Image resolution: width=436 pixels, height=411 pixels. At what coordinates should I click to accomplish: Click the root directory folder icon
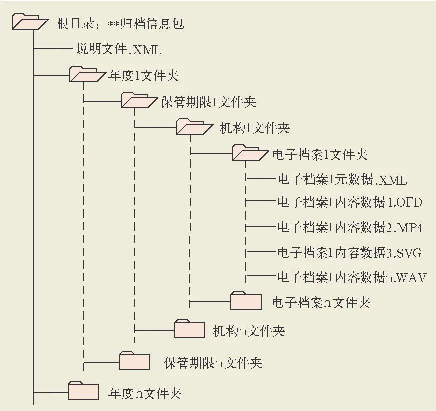click(29, 22)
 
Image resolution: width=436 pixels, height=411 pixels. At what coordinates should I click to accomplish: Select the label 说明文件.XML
click(119, 49)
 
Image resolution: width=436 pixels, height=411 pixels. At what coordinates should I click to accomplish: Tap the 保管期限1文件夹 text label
click(209, 102)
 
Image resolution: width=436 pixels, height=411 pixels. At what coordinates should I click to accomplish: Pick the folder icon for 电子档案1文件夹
click(250, 153)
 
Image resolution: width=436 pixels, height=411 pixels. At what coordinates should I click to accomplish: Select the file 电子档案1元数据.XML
click(342, 179)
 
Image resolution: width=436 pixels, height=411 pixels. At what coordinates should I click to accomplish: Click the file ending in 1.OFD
click(350, 202)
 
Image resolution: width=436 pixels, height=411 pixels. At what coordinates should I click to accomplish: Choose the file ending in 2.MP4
click(350, 227)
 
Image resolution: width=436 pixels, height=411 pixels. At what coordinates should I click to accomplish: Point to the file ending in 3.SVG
click(349, 253)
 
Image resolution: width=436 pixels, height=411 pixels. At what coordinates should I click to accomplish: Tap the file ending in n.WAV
click(351, 277)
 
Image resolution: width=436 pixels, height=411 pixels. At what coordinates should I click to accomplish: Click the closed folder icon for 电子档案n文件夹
click(246, 301)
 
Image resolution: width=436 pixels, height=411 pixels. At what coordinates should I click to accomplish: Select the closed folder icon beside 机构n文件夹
click(190, 329)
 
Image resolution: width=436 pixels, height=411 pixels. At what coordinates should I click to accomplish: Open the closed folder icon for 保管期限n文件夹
click(134, 360)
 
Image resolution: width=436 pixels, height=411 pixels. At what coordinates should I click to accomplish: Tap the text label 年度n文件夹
click(144, 393)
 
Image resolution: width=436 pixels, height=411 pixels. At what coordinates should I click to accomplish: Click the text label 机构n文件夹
click(249, 331)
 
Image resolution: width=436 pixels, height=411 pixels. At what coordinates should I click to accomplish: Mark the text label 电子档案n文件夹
click(321, 302)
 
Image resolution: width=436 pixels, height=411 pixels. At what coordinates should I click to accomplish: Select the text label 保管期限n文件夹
click(213, 363)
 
